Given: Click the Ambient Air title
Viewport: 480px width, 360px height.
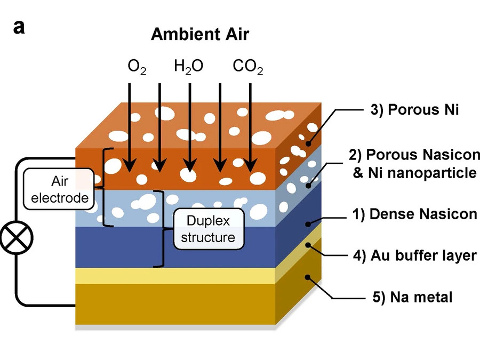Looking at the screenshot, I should click(199, 34).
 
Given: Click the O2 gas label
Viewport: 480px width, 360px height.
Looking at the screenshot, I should click(137, 68).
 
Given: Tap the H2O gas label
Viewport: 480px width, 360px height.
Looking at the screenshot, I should click(188, 68).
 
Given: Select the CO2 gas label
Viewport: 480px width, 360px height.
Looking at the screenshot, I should click(248, 68).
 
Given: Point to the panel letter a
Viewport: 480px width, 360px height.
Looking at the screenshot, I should click(19, 27).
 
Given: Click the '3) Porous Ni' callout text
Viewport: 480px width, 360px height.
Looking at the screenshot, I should click(415, 110).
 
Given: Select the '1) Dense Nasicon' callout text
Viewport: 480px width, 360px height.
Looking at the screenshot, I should click(414, 214).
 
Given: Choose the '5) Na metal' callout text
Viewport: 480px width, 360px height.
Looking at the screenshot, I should click(412, 297).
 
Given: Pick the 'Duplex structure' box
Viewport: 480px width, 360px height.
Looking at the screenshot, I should click(207, 228).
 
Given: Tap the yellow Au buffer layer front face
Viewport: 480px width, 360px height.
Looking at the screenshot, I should click(176, 276).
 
